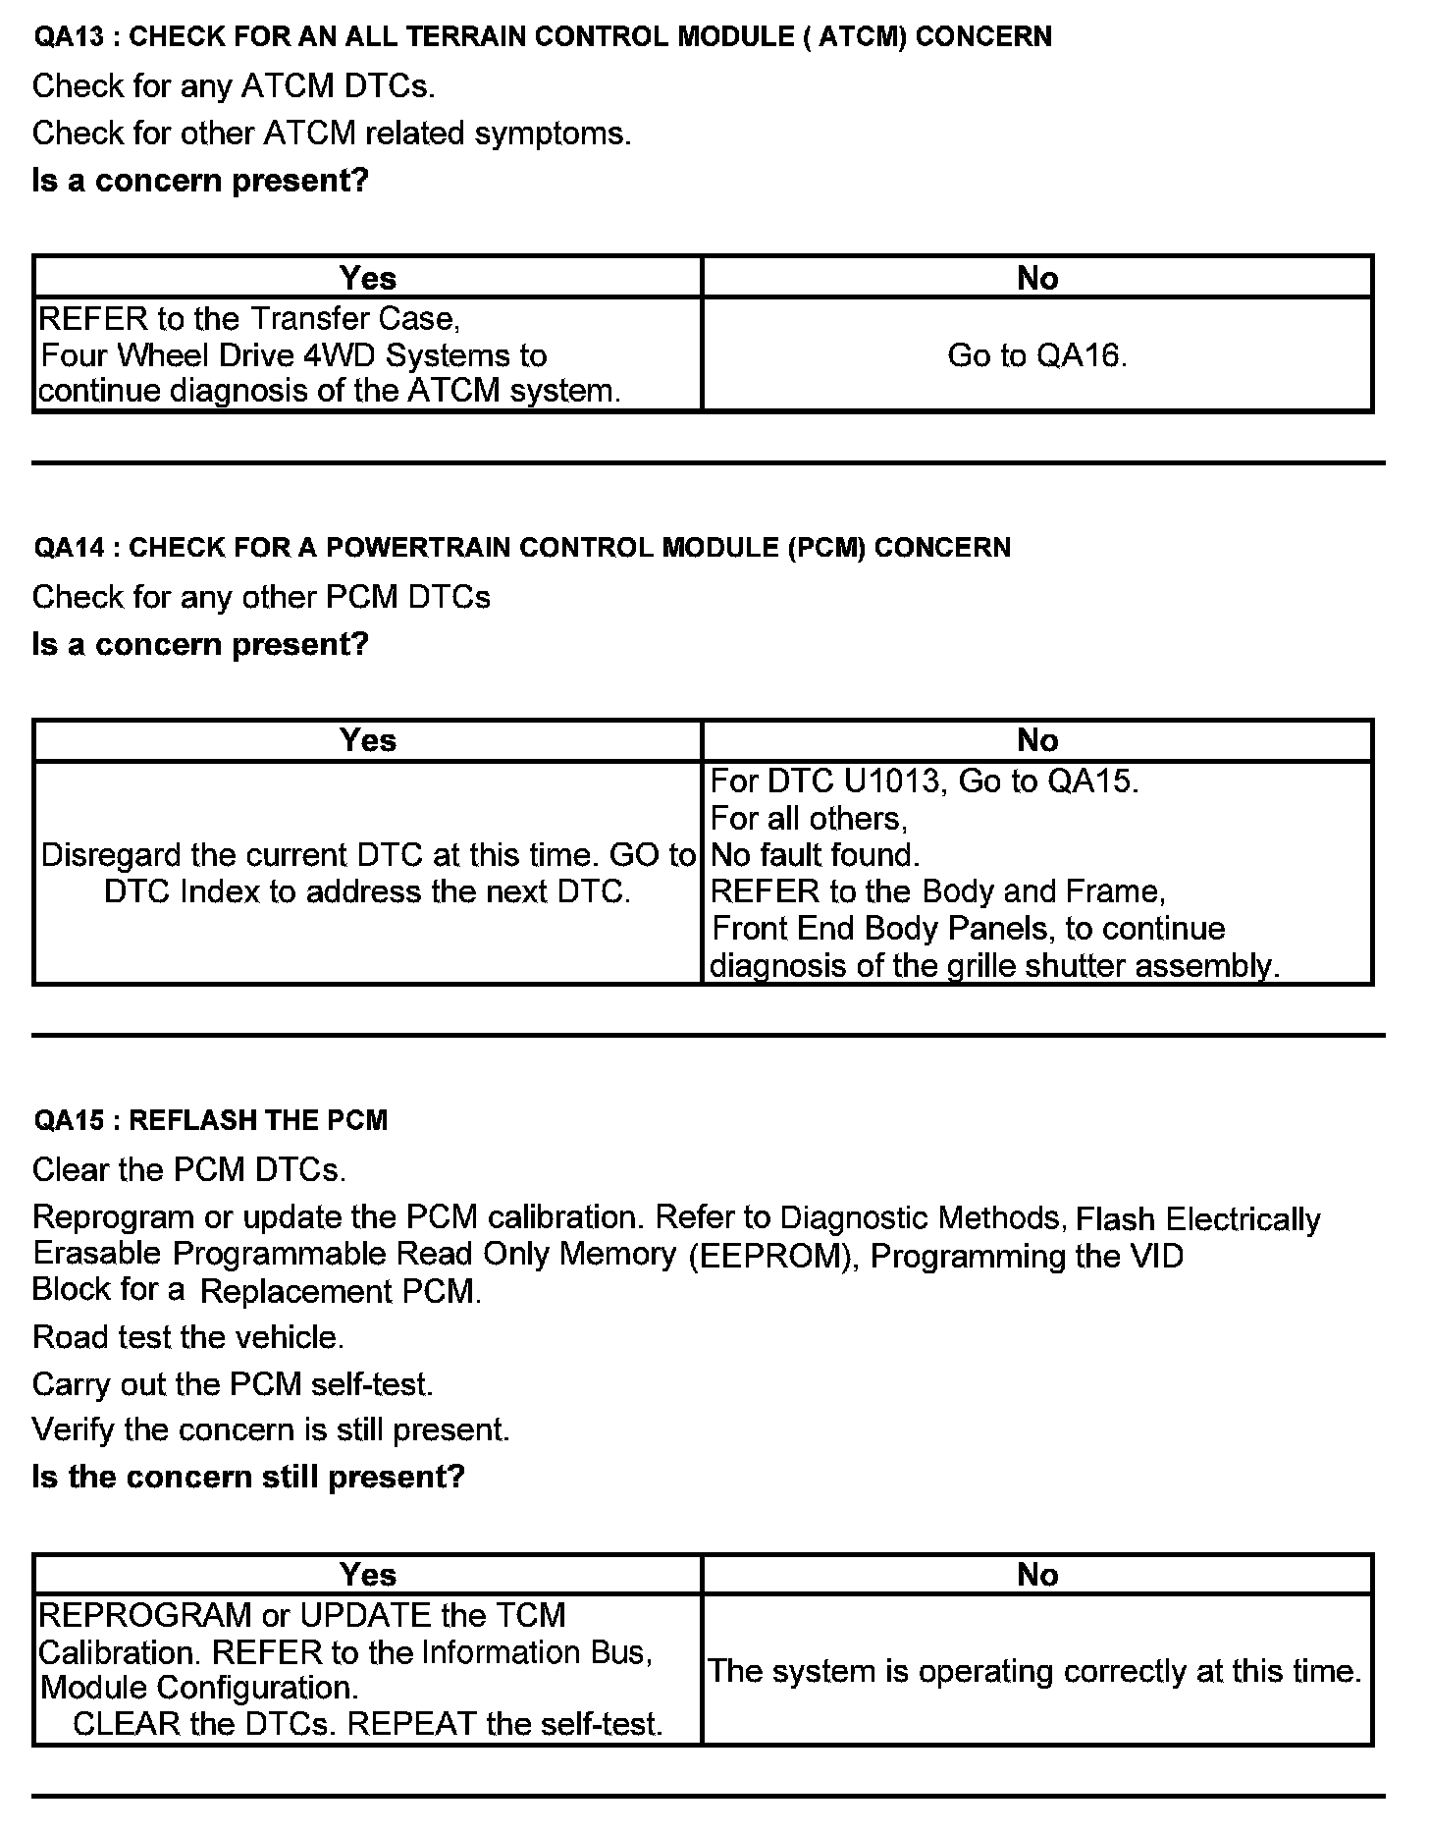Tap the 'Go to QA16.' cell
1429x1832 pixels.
[x=1037, y=355]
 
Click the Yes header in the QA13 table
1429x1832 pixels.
[x=368, y=279]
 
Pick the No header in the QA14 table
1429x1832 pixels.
[x=1037, y=740]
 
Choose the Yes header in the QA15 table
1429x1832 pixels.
[x=368, y=1575]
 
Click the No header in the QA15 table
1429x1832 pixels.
[x=1037, y=1575]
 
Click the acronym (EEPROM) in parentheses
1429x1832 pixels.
[x=770, y=1257]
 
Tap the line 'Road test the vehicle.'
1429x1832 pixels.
[x=188, y=1337]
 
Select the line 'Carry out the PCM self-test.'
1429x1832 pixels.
[x=233, y=1384]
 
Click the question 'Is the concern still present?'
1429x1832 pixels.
[x=248, y=1477]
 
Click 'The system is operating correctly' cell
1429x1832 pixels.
[x=1035, y=1671]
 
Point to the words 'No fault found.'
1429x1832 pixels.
[x=815, y=855]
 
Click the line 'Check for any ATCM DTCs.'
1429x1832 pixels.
[x=234, y=86]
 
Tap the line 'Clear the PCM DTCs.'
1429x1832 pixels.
[x=189, y=1170]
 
